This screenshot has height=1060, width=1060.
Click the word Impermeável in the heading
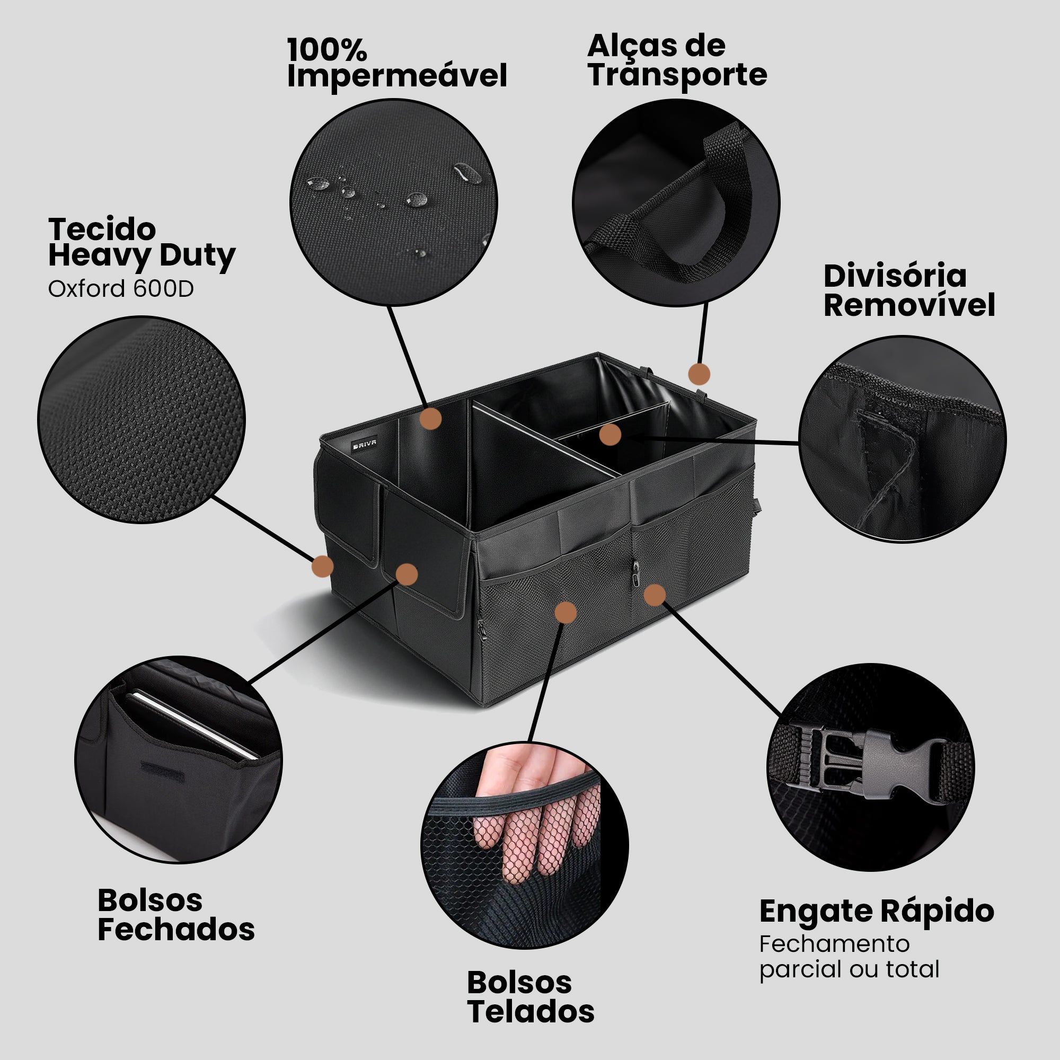pos(396,76)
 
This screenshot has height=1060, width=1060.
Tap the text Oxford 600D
pos(121,289)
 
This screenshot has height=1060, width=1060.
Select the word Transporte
pos(677,76)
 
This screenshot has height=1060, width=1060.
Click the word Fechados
pos(176,929)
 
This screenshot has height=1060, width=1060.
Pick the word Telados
pos(531,1011)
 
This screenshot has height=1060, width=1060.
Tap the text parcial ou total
pos(849,970)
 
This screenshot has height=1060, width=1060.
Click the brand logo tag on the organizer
pos(364,443)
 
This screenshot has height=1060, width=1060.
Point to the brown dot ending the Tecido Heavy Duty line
pos(322,566)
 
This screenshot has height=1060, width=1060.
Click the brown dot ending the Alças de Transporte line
pos(699,374)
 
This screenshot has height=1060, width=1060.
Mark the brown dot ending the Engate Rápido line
pos(654,595)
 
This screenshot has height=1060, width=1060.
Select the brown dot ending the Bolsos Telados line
pos(566,612)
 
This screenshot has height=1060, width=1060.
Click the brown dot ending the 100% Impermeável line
pos(431,419)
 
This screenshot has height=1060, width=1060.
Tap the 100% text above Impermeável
pos(327,49)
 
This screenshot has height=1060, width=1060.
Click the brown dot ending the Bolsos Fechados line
pos(406,574)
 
